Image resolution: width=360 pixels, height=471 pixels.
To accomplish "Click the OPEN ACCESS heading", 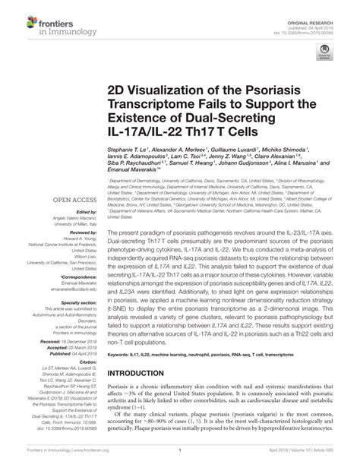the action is click(x=68, y=201).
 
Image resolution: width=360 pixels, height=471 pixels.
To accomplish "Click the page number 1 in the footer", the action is click(x=178, y=461).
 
